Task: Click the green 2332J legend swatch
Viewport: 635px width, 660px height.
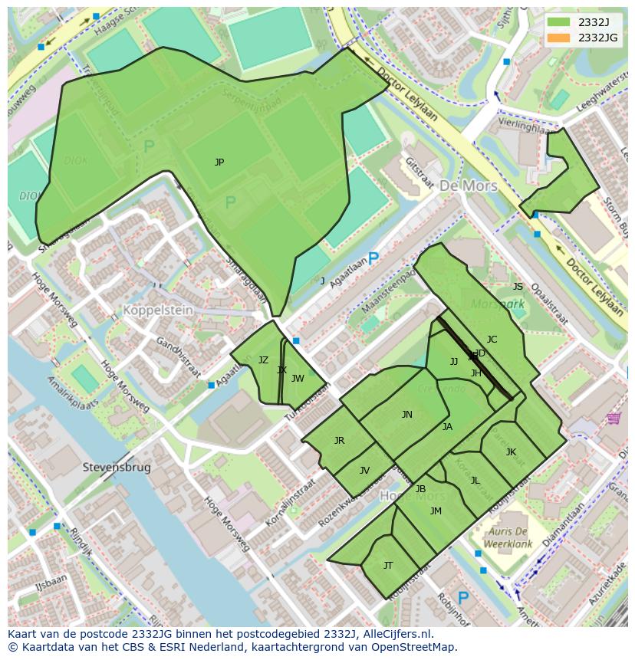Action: point(559,22)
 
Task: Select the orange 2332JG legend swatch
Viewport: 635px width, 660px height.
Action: point(559,38)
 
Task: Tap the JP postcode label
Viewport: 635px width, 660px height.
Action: point(219,163)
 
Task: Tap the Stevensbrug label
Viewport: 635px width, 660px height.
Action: point(117,467)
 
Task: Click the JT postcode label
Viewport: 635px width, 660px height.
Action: point(388,566)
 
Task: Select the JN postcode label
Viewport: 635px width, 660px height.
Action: point(407,415)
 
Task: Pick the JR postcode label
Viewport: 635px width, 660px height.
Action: point(339,441)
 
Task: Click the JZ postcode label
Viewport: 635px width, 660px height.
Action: point(263,360)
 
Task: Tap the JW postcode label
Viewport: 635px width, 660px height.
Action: point(298,378)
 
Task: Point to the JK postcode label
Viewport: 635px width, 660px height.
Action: point(511,452)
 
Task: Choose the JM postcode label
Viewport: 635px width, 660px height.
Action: point(436,511)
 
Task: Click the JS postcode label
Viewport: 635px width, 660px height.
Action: point(518,287)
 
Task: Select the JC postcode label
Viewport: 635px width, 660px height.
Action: point(492,340)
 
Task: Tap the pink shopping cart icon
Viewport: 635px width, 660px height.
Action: point(613,418)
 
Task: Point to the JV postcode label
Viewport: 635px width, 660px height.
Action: point(364,471)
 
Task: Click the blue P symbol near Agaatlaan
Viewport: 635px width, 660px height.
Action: point(373,260)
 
